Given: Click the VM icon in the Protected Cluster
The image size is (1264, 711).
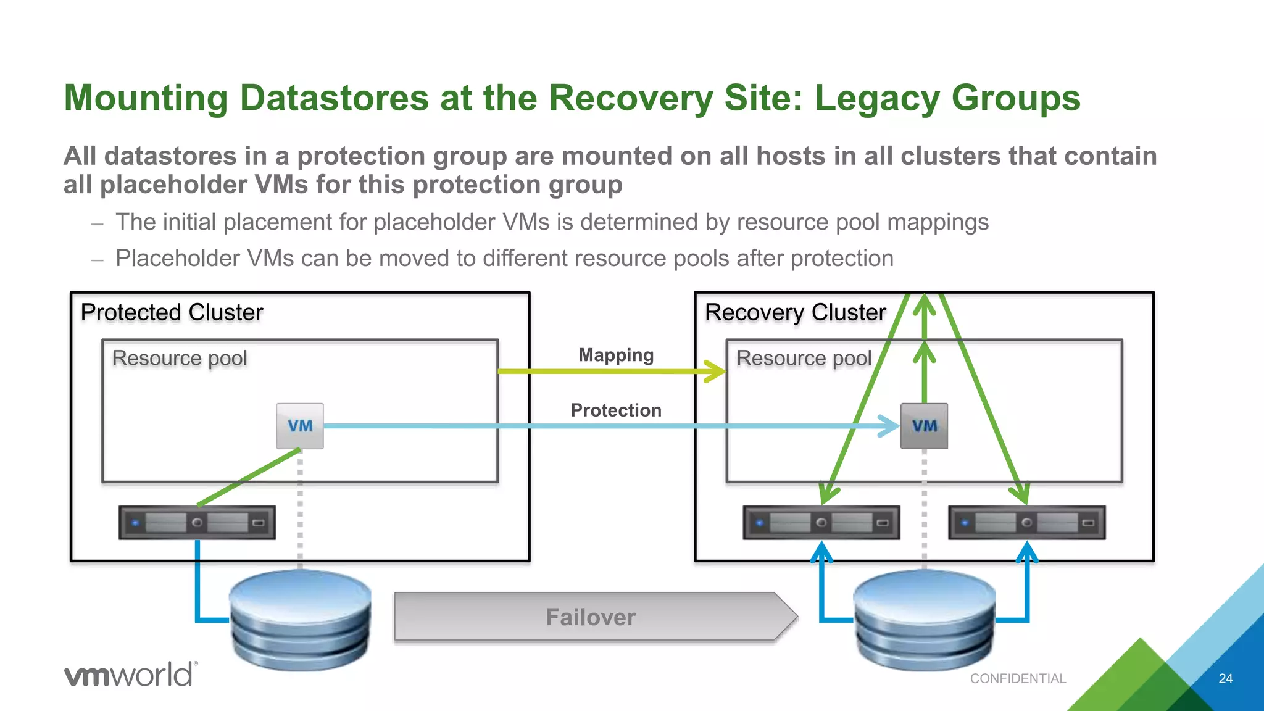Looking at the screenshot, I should [300, 426].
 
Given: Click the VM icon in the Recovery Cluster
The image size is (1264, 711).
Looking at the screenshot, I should [924, 426].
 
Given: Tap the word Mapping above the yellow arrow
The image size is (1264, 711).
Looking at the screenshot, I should [616, 355].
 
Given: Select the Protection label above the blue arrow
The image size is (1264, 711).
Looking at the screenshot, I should [616, 410].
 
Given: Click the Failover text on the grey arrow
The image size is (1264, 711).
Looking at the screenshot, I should [591, 617].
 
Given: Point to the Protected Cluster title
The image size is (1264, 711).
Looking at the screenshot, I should [172, 312].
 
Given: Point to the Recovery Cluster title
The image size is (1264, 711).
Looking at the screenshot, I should [795, 312].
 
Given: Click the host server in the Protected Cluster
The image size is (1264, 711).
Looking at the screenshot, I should [197, 523].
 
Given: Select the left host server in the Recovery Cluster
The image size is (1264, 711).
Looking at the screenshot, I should [821, 523].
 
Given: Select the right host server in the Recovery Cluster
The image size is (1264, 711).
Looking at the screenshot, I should [1026, 523].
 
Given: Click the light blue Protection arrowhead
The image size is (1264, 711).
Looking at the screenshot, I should [890, 426].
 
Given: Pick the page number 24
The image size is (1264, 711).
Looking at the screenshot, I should [1225, 678].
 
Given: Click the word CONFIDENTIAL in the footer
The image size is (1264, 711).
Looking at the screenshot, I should [1018, 678].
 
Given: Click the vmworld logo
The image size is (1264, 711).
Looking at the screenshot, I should [131, 674].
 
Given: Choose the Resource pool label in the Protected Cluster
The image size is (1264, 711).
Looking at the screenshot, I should [180, 358].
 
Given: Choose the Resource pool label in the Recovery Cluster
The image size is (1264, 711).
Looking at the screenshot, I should [804, 358].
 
